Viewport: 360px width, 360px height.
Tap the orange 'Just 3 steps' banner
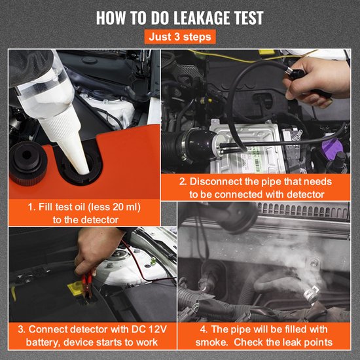[x=180, y=37]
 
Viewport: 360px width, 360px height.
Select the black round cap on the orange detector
[x=27, y=163]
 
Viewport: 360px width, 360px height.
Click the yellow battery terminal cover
[x=75, y=289]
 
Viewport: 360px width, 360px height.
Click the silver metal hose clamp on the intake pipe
[x=185, y=147]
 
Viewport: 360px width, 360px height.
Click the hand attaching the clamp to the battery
[x=96, y=250]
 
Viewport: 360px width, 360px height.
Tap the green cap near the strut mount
[x=153, y=261]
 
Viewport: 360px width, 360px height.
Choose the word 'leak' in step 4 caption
[x=293, y=342]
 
